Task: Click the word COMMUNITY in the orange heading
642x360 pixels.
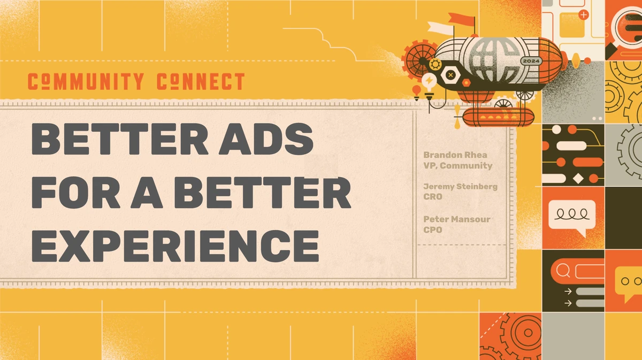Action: click(86, 82)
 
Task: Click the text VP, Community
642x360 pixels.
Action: click(457, 166)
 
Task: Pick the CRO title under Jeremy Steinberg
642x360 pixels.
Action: click(433, 196)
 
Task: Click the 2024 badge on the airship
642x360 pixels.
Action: click(531, 62)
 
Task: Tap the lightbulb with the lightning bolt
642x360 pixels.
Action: click(429, 82)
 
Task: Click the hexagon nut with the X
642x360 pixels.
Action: click(450, 75)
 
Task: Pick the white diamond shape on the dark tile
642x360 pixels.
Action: click(578, 178)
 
